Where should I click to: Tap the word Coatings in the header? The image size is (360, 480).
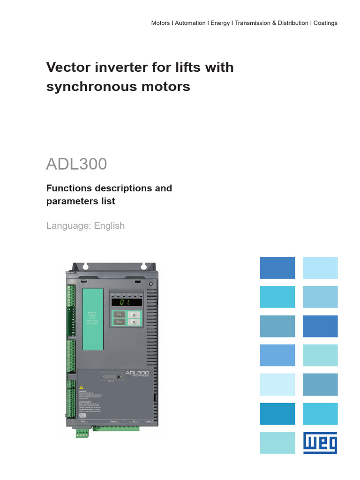tap(325, 23)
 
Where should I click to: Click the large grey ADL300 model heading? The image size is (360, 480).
tap(76, 164)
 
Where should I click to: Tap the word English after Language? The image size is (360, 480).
tap(109, 225)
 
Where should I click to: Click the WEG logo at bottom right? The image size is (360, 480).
tap(320, 442)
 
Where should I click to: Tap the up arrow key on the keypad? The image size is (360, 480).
tap(135, 315)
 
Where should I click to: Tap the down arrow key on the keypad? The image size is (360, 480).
tap(135, 322)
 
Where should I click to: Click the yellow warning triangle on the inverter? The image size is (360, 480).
tap(82, 388)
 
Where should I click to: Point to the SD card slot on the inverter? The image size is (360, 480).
tap(113, 377)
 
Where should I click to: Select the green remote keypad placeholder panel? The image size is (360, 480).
tap(92, 318)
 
